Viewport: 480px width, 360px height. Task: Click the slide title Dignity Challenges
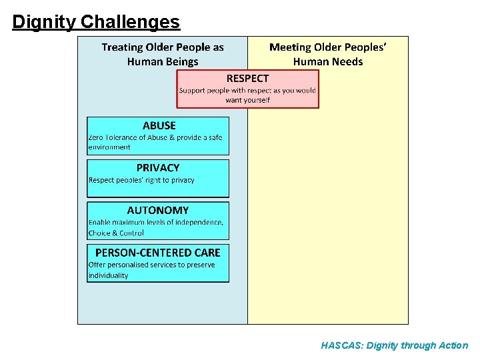coord(96,22)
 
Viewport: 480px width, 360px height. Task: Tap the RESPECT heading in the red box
coord(247,79)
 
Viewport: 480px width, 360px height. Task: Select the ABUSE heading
coord(159,125)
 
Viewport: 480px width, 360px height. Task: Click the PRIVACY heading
coord(158,168)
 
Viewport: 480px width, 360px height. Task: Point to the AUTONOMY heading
coord(158,211)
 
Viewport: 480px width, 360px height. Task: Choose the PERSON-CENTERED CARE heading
coord(158,253)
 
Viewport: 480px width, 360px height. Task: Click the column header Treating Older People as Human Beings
coord(163,54)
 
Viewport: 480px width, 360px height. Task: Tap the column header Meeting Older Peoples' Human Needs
coord(328,54)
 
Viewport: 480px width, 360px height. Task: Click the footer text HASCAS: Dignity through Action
coord(394,345)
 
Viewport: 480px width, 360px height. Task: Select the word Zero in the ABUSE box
coord(97,137)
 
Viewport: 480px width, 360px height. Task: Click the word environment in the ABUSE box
coord(109,147)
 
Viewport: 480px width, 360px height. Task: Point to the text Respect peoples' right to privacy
coord(141,180)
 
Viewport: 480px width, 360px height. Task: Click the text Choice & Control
coord(116,233)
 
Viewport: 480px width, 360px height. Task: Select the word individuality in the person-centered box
coord(108,275)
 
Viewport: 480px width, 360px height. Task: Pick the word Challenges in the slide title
coord(130,22)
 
